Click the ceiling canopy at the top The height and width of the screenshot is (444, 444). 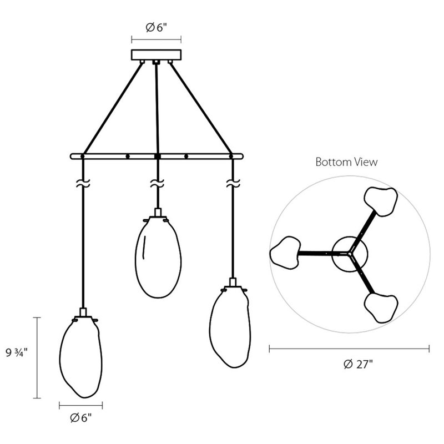pos(157,54)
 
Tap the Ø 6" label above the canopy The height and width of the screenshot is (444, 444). pos(157,27)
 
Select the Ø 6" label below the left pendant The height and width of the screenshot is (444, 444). pos(81,418)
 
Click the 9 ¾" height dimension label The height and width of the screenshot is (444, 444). pos(17,352)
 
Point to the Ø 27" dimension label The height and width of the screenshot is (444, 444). pos(358,364)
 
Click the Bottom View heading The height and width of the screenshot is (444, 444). pos(346,162)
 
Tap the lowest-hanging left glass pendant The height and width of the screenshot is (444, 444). pos(81,357)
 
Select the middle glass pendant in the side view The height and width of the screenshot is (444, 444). pos(158,257)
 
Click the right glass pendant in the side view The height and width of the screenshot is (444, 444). pos(230,327)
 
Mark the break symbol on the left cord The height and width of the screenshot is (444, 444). pos(83,183)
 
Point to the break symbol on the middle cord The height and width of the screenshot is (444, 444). pos(157,183)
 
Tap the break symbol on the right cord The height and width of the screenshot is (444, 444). pos(233,183)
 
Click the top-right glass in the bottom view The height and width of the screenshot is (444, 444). pos(381,201)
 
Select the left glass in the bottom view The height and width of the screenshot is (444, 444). pos(285,253)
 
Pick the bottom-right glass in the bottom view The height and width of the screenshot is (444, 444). pos(381,308)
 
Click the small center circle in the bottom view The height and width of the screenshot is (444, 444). pos(350,254)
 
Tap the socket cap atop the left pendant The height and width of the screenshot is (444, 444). pos(83,312)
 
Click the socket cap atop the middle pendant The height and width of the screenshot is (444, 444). pos(158,213)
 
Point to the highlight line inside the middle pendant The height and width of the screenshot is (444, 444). pos(144,247)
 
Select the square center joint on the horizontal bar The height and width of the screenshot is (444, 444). pos(158,157)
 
